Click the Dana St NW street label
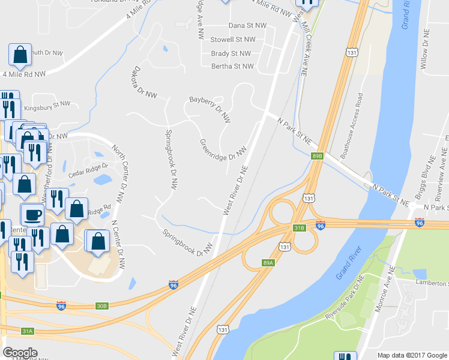(x=247, y=26)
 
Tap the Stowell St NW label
(x=233, y=40)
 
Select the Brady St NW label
(x=231, y=53)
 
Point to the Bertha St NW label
(x=232, y=67)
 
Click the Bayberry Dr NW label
(x=210, y=109)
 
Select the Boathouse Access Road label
(x=352, y=125)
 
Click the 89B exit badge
(x=318, y=156)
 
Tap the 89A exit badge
(x=268, y=262)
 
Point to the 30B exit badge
(x=101, y=306)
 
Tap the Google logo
(x=21, y=353)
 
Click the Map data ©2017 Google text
(x=412, y=355)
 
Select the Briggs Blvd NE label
(x=424, y=178)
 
